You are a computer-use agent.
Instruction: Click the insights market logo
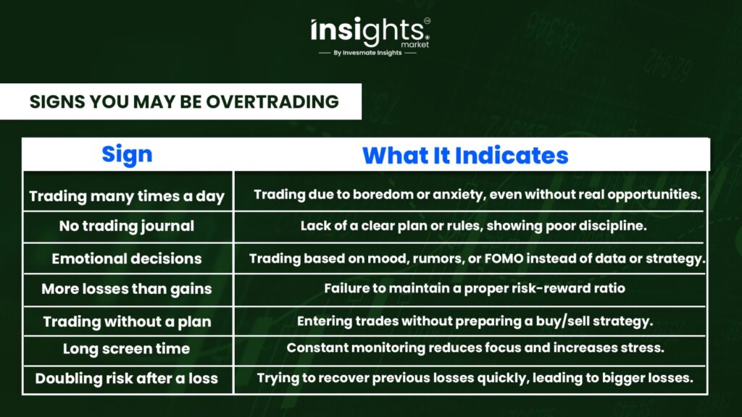(x=370, y=33)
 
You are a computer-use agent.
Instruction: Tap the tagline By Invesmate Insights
(x=367, y=53)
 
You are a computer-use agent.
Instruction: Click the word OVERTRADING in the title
(x=272, y=101)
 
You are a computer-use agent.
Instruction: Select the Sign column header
(x=127, y=155)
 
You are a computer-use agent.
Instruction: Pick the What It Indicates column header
(x=465, y=156)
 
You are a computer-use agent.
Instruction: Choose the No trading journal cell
(x=127, y=226)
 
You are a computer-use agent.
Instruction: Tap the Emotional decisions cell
(x=127, y=258)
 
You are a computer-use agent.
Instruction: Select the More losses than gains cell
(x=127, y=289)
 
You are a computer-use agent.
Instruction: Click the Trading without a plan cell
(x=127, y=321)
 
